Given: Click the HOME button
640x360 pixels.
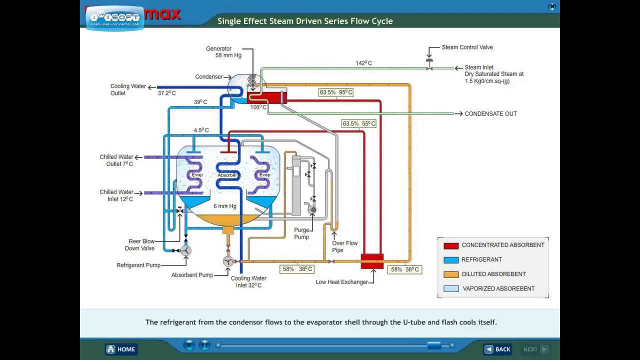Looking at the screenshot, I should (120, 349).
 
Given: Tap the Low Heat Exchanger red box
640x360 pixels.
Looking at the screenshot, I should (372, 261).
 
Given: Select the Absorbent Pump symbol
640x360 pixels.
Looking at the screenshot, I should (228, 261).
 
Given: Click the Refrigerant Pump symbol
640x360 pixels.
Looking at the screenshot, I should (185, 250).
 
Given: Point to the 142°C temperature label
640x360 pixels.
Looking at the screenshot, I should (363, 63).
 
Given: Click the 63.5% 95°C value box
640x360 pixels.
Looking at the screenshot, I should (336, 92).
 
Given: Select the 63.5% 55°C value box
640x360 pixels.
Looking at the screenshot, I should (358, 123).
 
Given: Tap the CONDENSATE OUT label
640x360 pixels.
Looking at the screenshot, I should (490, 114).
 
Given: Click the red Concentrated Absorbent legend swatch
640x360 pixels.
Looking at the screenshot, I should (451, 245).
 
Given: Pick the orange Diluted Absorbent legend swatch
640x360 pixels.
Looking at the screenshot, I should (451, 274).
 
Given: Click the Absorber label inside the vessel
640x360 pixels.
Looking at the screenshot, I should (227, 175).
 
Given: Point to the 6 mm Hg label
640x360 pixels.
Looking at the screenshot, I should (225, 206).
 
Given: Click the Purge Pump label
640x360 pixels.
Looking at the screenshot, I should (301, 233).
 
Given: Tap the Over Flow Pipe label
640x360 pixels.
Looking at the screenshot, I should (344, 246).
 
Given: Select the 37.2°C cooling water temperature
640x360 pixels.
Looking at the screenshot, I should (166, 93).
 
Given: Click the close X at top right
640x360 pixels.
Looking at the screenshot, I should (552, 7).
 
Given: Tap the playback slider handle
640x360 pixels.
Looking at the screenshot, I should (434, 345).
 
